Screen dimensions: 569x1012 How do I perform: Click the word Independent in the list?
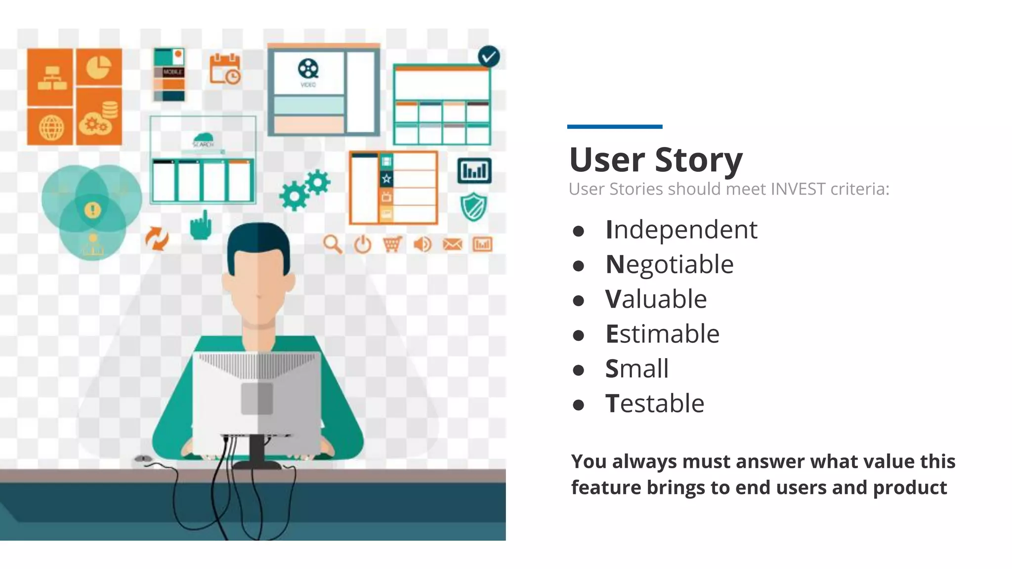tap(681, 230)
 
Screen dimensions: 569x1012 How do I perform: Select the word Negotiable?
tap(669, 265)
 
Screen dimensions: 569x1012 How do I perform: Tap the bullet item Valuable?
tap(656, 299)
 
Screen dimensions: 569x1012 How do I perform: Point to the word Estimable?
tap(662, 334)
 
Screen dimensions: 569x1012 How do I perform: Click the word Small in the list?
tap(636, 369)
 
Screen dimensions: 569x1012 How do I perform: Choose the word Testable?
tap(654, 404)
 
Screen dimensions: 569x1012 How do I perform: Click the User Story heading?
tap(655, 160)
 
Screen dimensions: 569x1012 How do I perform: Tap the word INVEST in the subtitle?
tap(798, 189)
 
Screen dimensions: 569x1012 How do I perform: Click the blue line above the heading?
tap(614, 127)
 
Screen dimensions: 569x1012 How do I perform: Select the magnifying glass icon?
tap(333, 244)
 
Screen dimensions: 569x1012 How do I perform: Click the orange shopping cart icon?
tap(392, 244)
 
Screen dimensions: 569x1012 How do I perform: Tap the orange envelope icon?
tap(452, 244)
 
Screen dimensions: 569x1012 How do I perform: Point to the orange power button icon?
tap(362, 244)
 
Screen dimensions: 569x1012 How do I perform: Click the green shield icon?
tap(473, 206)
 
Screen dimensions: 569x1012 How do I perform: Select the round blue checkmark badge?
tap(489, 57)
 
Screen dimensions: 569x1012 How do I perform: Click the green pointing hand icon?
tap(201, 226)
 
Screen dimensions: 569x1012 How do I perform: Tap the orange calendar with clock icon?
tap(225, 69)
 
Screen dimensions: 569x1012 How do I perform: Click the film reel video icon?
tap(308, 69)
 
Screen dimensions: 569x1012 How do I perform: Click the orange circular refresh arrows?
tap(157, 239)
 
